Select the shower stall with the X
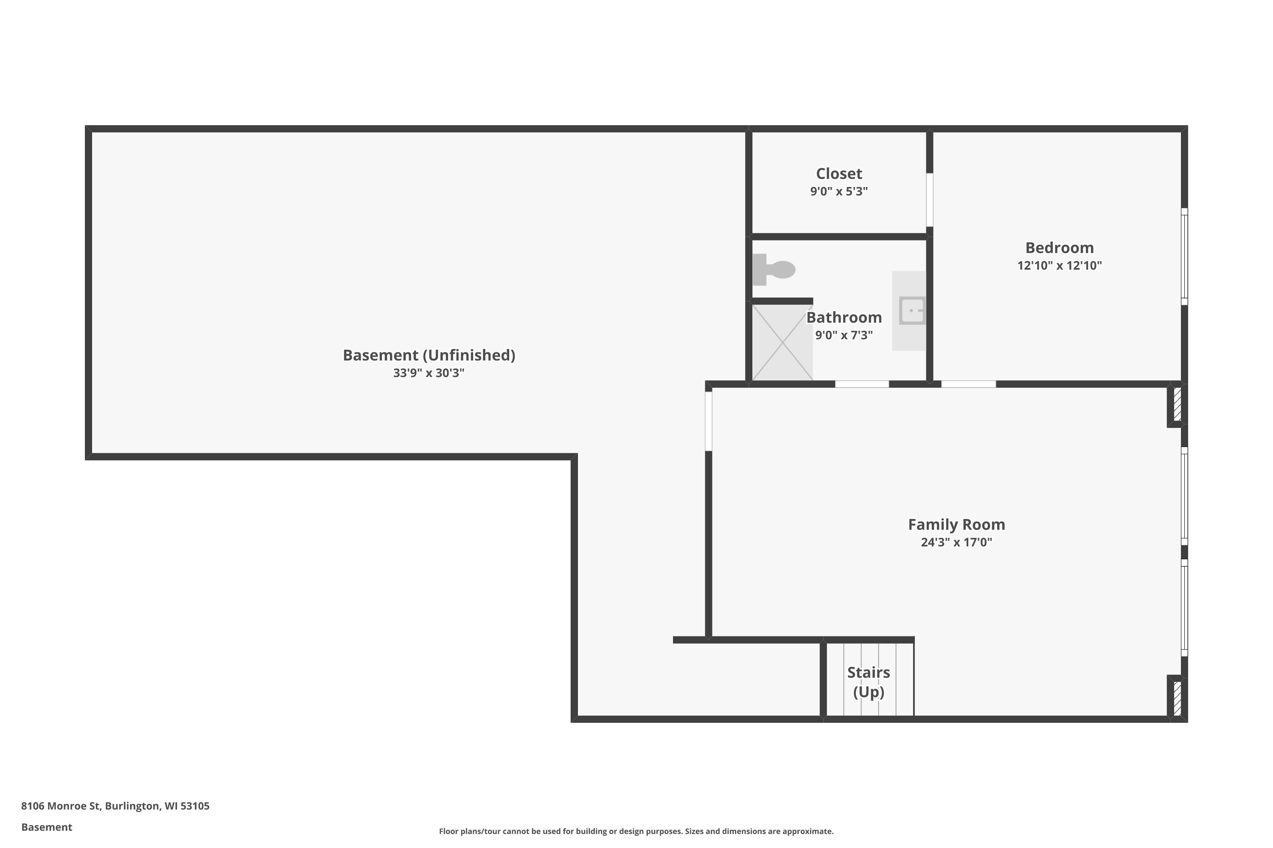point(782,342)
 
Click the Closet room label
point(839,173)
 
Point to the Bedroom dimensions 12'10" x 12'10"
point(1059,265)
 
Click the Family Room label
point(956,524)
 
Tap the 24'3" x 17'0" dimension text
point(956,542)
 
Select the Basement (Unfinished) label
point(429,355)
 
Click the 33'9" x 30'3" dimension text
point(429,373)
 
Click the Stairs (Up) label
point(868,682)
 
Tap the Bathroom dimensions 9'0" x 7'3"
point(844,335)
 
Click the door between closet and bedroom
point(929,200)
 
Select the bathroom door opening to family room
point(862,384)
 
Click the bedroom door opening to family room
point(968,384)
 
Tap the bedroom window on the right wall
point(1184,257)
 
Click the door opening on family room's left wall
point(709,421)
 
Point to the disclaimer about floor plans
point(636,831)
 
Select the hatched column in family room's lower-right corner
point(1177,697)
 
